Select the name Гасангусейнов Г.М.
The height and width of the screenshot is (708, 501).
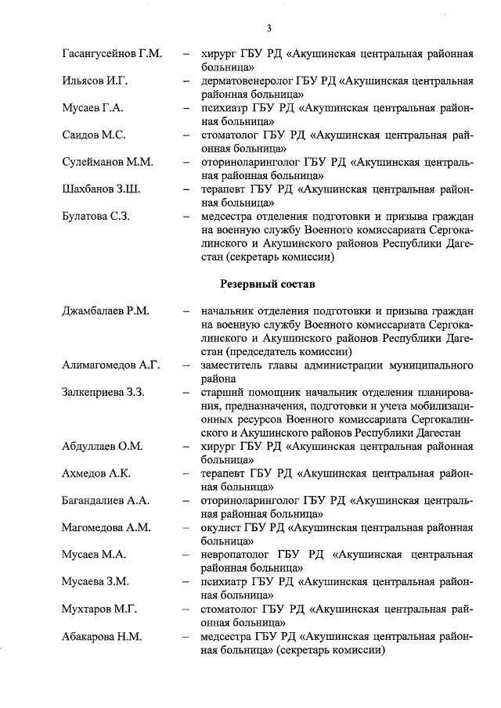pos(111,54)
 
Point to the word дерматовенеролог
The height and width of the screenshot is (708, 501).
pos(245,81)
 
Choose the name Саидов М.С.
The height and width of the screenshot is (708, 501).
pos(93,135)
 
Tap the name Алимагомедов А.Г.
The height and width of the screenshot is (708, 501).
pos(110,365)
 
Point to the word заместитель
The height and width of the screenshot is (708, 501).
pos(233,365)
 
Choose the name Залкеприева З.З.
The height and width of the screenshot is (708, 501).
pos(103,392)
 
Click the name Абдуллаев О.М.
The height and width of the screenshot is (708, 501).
pos(102,446)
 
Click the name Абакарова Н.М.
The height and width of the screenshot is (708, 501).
pos(102,635)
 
